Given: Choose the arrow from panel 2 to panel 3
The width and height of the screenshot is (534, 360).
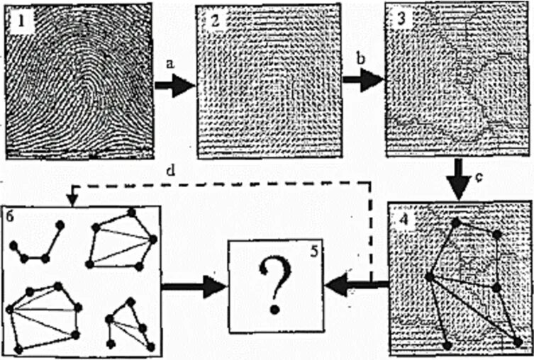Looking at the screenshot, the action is click(x=362, y=79).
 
